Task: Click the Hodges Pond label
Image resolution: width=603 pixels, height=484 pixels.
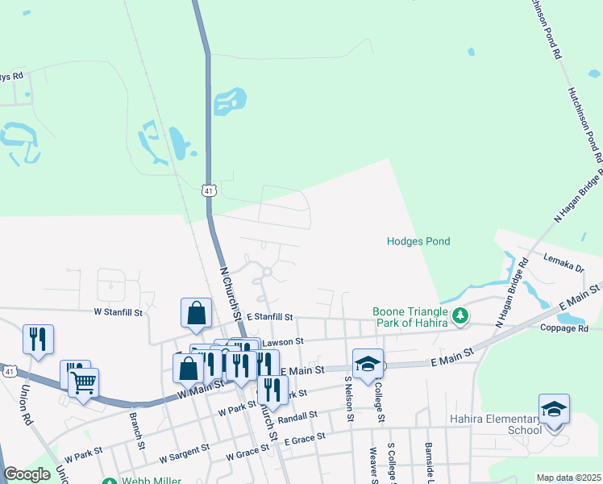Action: [x=418, y=241]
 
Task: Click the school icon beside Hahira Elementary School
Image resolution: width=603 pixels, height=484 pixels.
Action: [x=554, y=408]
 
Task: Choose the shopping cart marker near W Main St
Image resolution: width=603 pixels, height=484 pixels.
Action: [x=83, y=382]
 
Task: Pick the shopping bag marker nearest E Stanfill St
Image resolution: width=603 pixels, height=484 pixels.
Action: [x=196, y=313]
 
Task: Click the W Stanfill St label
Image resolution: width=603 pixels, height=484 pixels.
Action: [x=119, y=311]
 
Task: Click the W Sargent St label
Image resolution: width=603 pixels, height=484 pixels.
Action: [x=184, y=451]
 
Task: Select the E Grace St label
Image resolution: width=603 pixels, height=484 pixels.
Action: [x=302, y=436]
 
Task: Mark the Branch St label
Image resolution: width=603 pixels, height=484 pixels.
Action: [x=137, y=432]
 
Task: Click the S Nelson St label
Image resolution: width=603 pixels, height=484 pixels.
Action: [x=349, y=398]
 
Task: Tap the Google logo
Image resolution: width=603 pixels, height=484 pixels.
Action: [x=27, y=474]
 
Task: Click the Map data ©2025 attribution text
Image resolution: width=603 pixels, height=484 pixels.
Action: [x=568, y=478]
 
